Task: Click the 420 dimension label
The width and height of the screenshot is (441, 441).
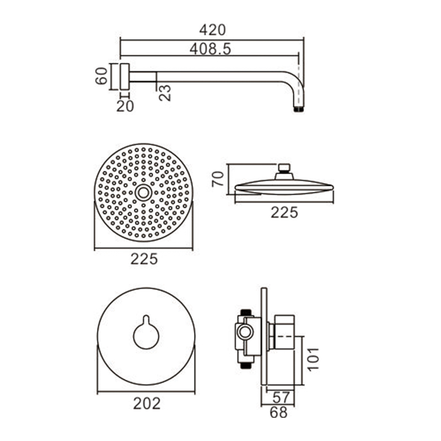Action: click(212, 30)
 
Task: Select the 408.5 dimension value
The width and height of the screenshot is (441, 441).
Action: click(210, 49)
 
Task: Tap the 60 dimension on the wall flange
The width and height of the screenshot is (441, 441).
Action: click(101, 76)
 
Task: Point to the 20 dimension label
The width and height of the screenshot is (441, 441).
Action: click(125, 106)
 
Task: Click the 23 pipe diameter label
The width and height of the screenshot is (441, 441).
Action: click(165, 93)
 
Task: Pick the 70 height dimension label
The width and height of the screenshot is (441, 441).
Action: click(218, 179)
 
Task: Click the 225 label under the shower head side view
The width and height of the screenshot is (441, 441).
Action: click(284, 212)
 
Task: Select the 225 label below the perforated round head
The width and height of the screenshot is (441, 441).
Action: click(144, 259)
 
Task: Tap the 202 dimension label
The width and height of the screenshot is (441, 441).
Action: click(147, 404)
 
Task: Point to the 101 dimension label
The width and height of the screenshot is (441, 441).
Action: click(313, 360)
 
